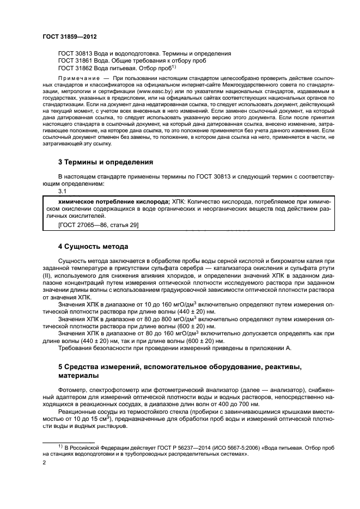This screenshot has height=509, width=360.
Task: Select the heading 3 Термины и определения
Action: click(x=106, y=162)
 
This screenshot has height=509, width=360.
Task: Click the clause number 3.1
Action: click(x=62, y=192)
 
